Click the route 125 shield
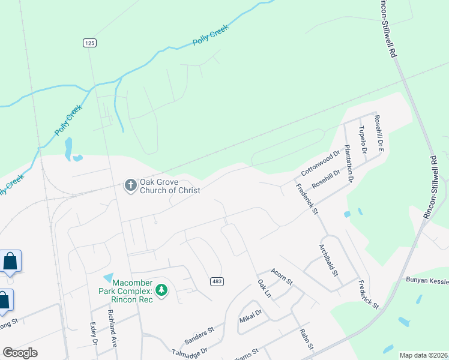click(89, 43)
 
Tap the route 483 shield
click(217, 281)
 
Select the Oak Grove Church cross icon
click(130, 185)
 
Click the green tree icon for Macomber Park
click(161, 290)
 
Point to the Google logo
click(20, 353)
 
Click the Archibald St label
click(328, 260)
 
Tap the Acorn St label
click(281, 277)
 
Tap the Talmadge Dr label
click(189, 350)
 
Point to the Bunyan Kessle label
click(427, 280)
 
